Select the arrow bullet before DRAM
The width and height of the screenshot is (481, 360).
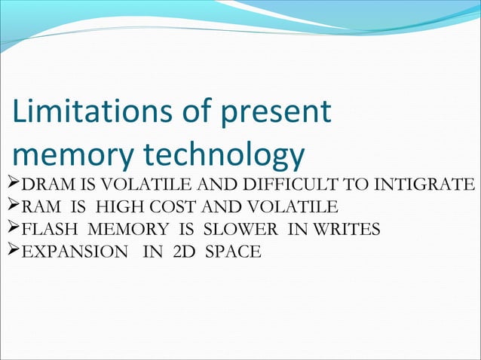[9, 185]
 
